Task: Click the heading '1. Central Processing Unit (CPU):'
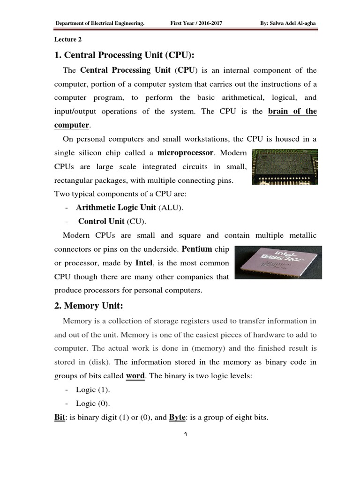pyautogui.click(x=125, y=55)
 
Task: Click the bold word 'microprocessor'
pyautogui.click(x=186, y=153)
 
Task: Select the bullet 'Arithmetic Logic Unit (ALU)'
pyautogui.click(x=129, y=208)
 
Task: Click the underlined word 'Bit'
pyautogui.click(x=60, y=417)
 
